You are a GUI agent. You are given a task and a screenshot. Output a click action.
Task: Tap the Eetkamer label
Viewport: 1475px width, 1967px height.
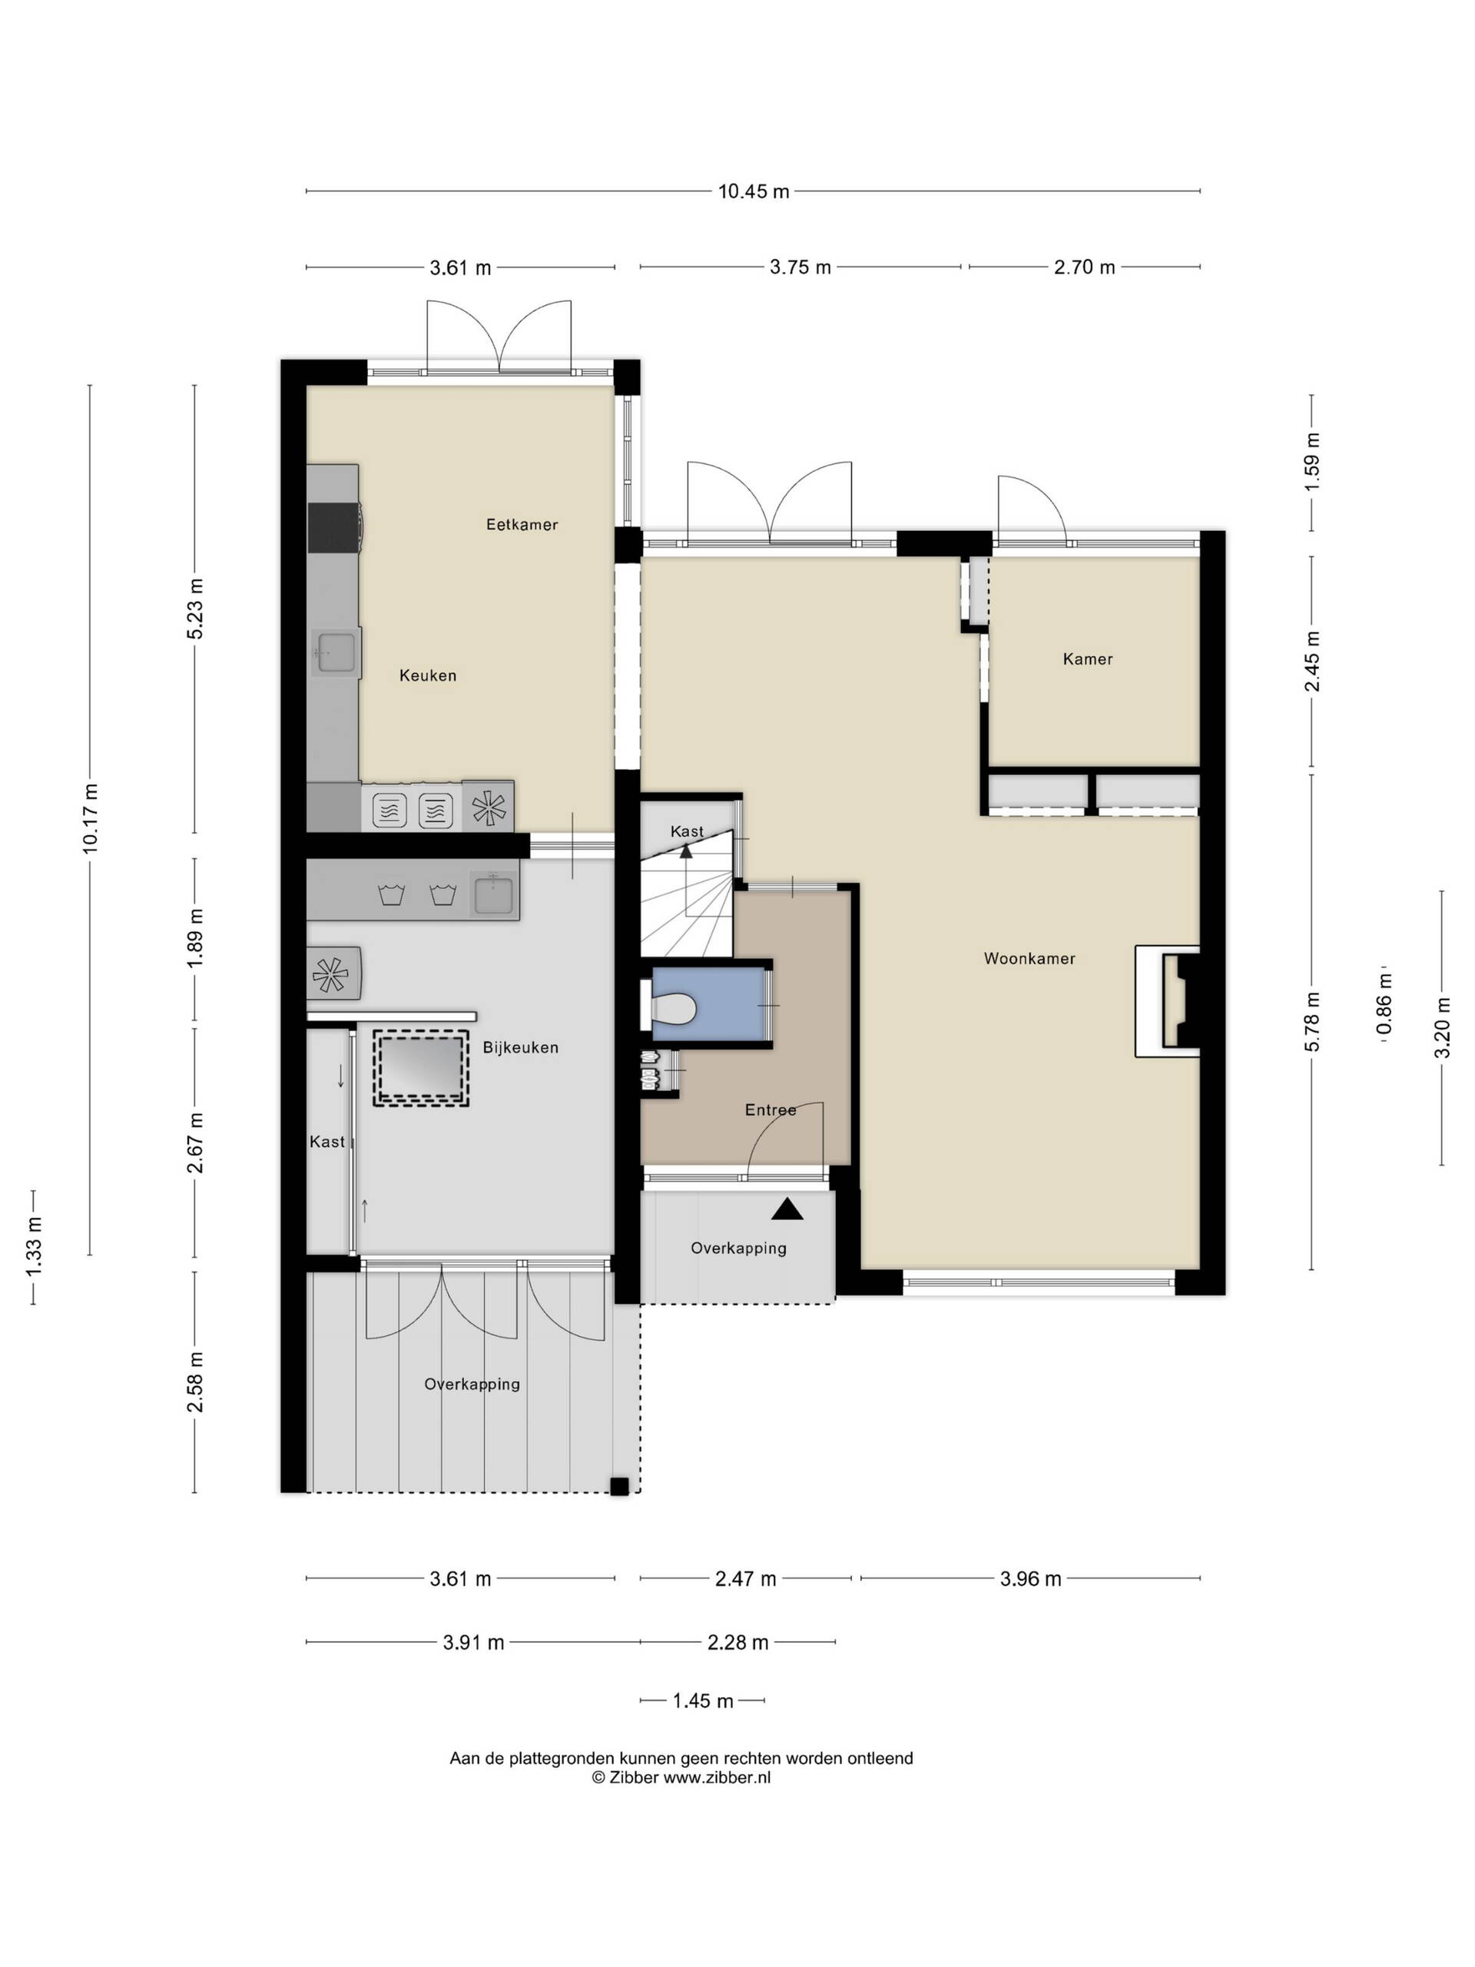click(x=522, y=525)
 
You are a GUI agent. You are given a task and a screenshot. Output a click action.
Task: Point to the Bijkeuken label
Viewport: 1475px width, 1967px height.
click(x=520, y=1047)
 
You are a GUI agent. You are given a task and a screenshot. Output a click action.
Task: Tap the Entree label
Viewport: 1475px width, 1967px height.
click(x=770, y=1110)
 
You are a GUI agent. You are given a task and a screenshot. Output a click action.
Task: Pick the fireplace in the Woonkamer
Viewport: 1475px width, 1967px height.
click(x=1168, y=1001)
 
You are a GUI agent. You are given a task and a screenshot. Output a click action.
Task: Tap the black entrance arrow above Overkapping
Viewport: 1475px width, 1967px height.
click(x=787, y=1209)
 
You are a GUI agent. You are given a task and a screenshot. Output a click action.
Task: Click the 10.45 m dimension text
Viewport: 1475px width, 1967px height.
click(x=753, y=191)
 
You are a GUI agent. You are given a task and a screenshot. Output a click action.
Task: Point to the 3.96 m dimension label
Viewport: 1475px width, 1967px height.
click(x=1030, y=1578)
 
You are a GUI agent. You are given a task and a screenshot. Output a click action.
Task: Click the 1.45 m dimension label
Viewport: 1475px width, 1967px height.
click(x=702, y=1701)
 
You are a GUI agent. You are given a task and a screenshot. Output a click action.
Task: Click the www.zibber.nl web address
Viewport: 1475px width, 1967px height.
click(x=717, y=1777)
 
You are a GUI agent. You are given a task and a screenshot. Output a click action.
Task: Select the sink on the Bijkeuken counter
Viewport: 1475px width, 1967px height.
click(x=493, y=894)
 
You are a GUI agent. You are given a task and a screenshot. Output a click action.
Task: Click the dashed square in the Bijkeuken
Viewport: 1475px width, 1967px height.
click(x=420, y=1068)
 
